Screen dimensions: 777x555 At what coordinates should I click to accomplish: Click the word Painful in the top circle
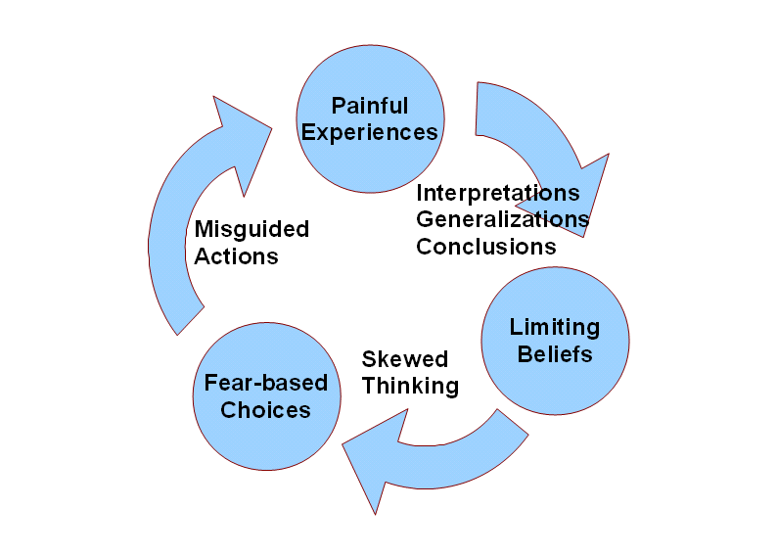(x=370, y=106)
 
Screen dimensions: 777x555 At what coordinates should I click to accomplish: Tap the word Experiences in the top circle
(x=370, y=133)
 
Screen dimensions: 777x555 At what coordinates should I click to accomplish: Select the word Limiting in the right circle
(x=555, y=328)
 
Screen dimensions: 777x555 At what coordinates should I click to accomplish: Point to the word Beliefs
(x=555, y=354)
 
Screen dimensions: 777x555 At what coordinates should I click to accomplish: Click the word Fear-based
(x=266, y=383)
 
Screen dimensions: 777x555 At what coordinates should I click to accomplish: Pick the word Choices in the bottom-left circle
(x=265, y=410)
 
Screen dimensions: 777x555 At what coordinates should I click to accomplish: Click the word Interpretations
(x=498, y=193)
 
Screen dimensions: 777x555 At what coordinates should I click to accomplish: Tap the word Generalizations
(x=502, y=219)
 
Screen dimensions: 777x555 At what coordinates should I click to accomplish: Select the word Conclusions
(x=486, y=247)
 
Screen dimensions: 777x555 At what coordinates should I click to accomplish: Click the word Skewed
(x=405, y=359)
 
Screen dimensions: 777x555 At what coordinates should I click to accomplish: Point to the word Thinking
(x=410, y=387)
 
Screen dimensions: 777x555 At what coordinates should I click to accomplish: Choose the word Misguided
(x=251, y=229)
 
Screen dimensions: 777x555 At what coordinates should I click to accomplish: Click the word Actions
(x=237, y=256)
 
